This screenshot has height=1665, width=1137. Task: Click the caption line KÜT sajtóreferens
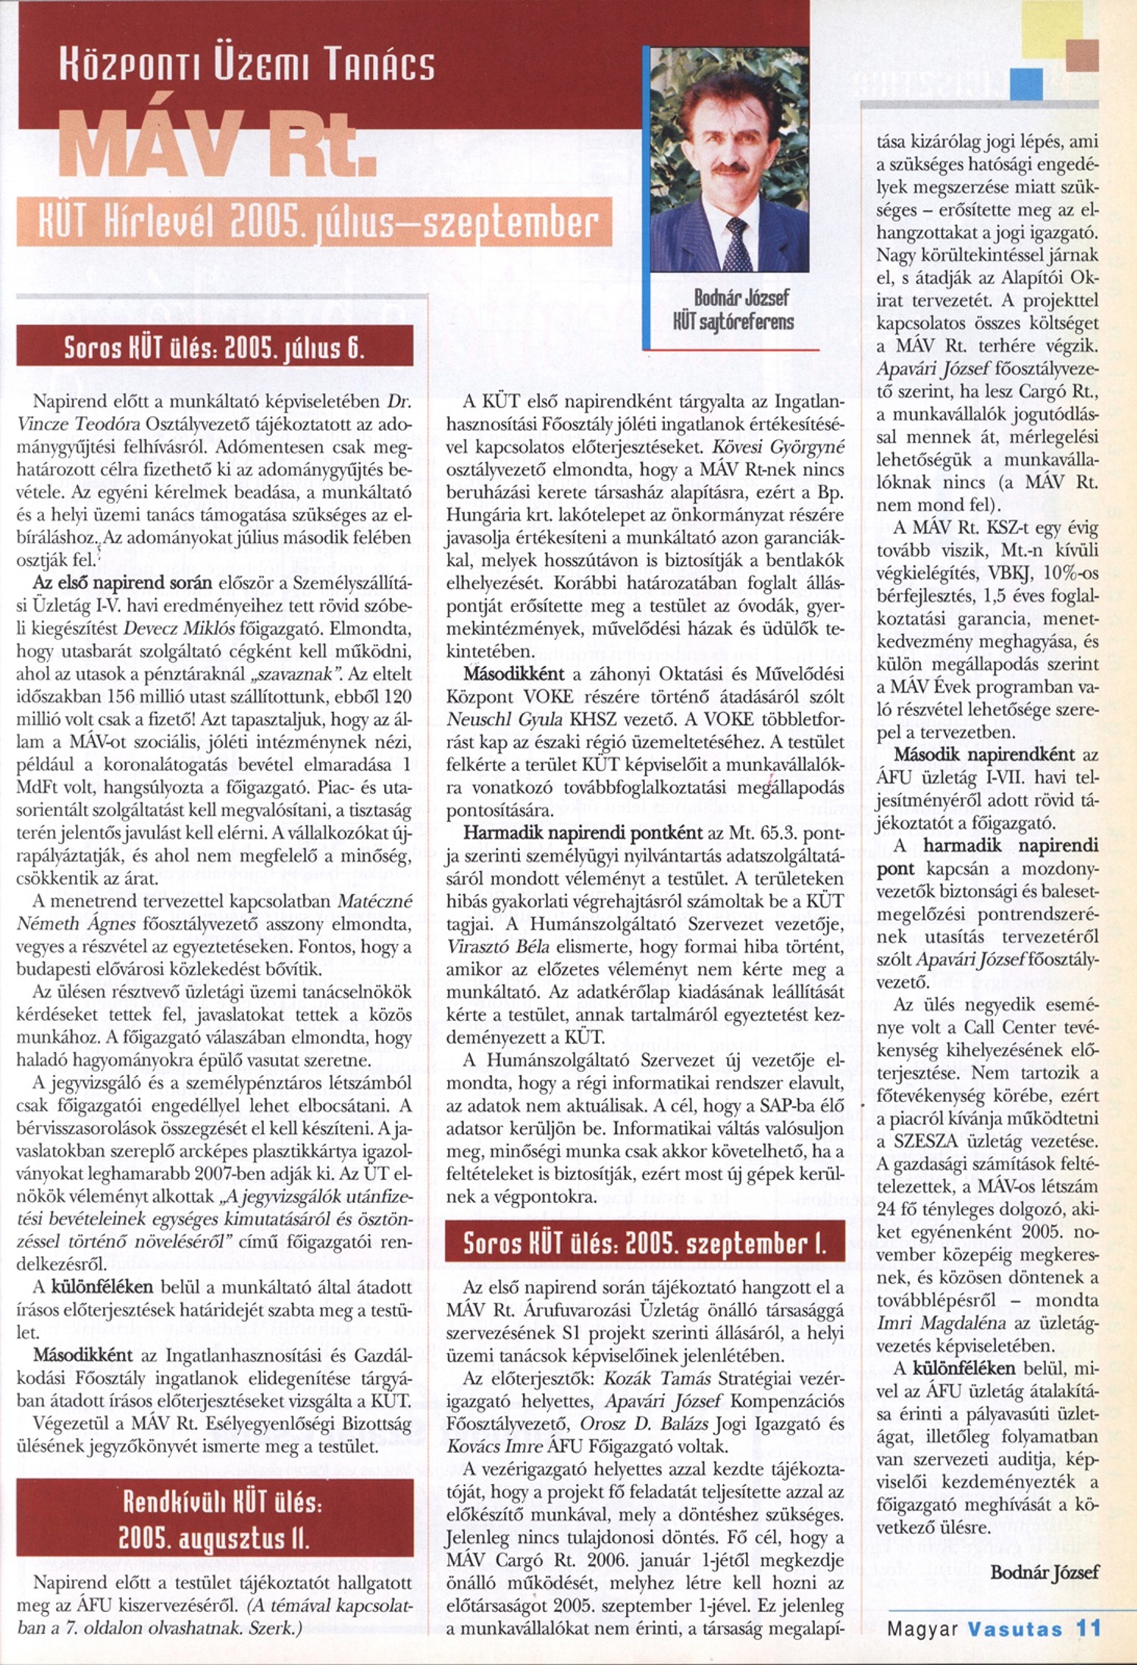point(731,322)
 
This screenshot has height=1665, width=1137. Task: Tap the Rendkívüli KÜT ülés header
point(215,1507)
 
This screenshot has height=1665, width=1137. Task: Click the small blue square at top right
point(1027,84)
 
